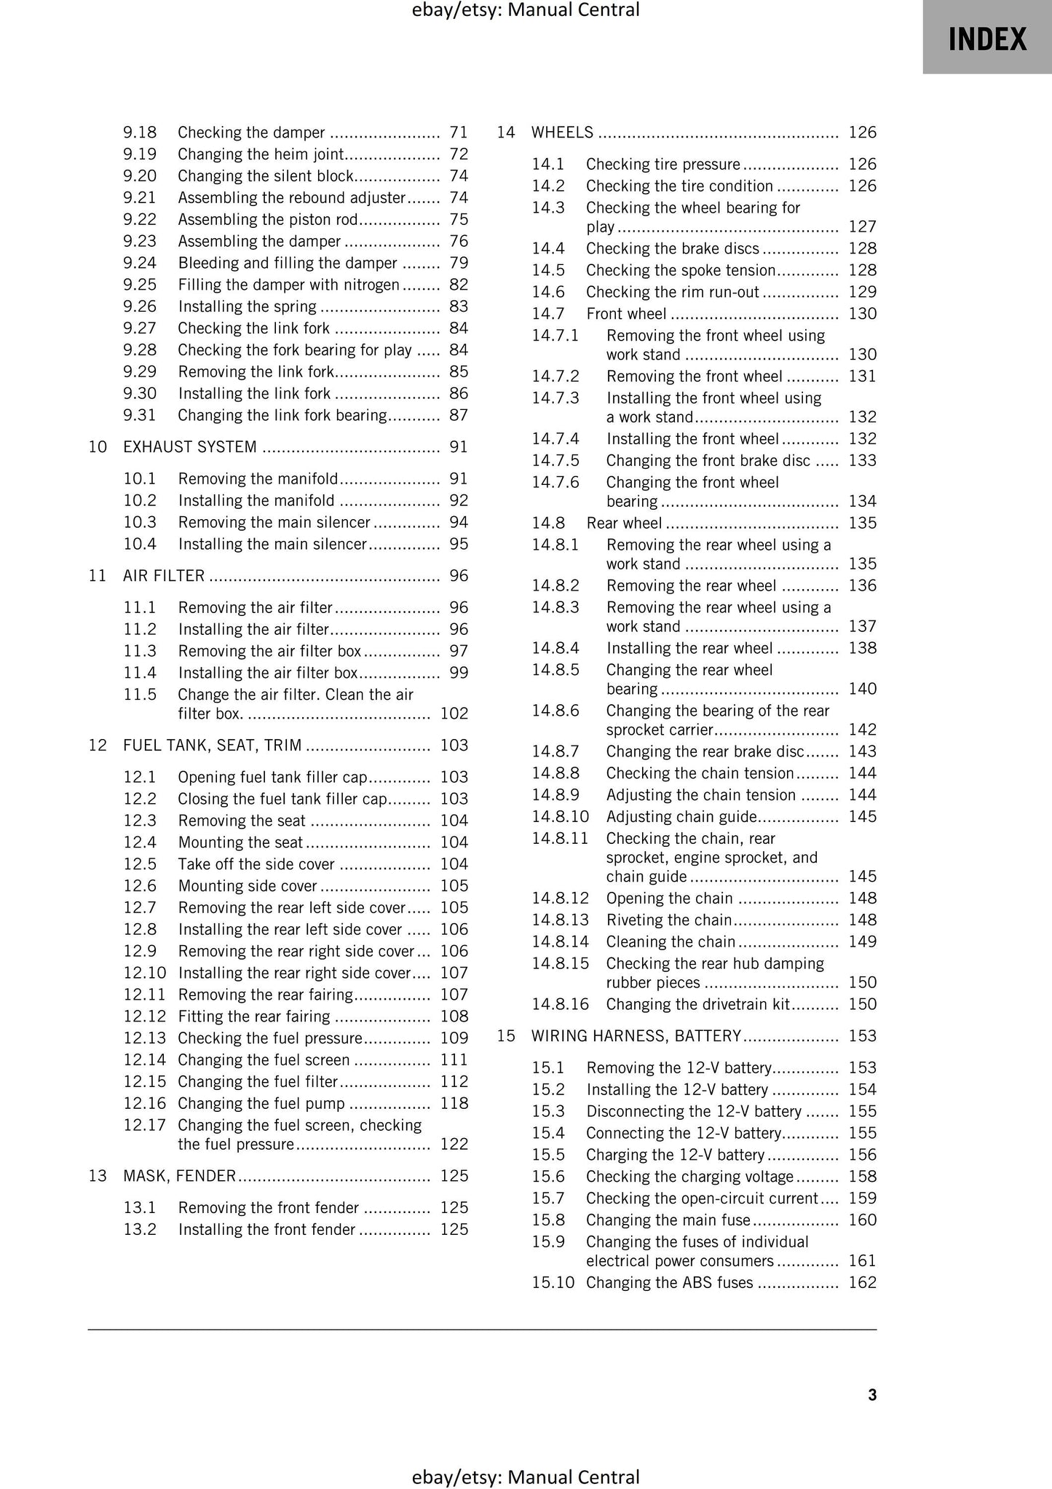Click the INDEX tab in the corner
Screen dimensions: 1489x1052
(x=986, y=38)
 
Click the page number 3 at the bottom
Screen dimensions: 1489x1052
(x=871, y=1394)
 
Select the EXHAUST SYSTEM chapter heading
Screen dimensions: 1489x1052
(x=189, y=447)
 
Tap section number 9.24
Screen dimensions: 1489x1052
(x=140, y=263)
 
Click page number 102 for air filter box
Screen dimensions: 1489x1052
(x=454, y=714)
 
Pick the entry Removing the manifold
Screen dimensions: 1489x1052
(x=258, y=478)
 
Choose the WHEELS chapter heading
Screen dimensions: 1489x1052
(x=562, y=133)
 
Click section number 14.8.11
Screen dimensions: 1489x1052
(x=559, y=838)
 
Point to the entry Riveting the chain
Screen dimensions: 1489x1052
(x=668, y=920)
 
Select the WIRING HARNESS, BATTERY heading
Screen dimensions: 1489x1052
(x=636, y=1035)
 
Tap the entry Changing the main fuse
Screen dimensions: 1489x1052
(x=668, y=1220)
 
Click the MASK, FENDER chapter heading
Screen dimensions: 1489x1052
(x=179, y=1175)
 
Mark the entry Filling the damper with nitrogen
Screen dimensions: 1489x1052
(x=288, y=285)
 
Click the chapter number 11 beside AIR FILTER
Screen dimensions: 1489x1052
(x=98, y=576)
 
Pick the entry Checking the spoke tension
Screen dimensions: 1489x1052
(x=681, y=270)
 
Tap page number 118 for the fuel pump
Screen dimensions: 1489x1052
(x=454, y=1103)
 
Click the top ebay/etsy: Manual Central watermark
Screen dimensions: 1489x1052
(x=526, y=10)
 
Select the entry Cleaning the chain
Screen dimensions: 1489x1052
(x=671, y=941)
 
